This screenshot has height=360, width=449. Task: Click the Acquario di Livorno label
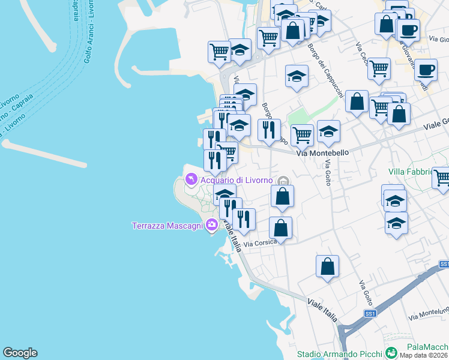(x=237, y=180)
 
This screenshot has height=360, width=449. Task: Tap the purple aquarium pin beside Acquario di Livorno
(x=191, y=179)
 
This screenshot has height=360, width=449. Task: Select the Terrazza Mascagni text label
(x=167, y=226)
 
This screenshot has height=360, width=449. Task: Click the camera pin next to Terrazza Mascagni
(x=211, y=226)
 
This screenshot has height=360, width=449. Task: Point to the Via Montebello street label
(x=323, y=153)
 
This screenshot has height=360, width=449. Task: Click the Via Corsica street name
(x=260, y=242)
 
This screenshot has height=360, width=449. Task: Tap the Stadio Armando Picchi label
(x=340, y=354)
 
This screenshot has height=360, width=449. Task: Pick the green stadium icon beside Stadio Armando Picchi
(x=391, y=353)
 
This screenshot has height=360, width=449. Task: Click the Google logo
(x=20, y=353)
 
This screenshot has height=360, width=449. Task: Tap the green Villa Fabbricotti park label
(x=411, y=172)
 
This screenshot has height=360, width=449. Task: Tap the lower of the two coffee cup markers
(x=426, y=69)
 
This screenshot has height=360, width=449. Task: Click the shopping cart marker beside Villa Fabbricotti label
(x=442, y=176)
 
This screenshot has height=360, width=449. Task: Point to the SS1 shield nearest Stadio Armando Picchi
(x=370, y=314)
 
